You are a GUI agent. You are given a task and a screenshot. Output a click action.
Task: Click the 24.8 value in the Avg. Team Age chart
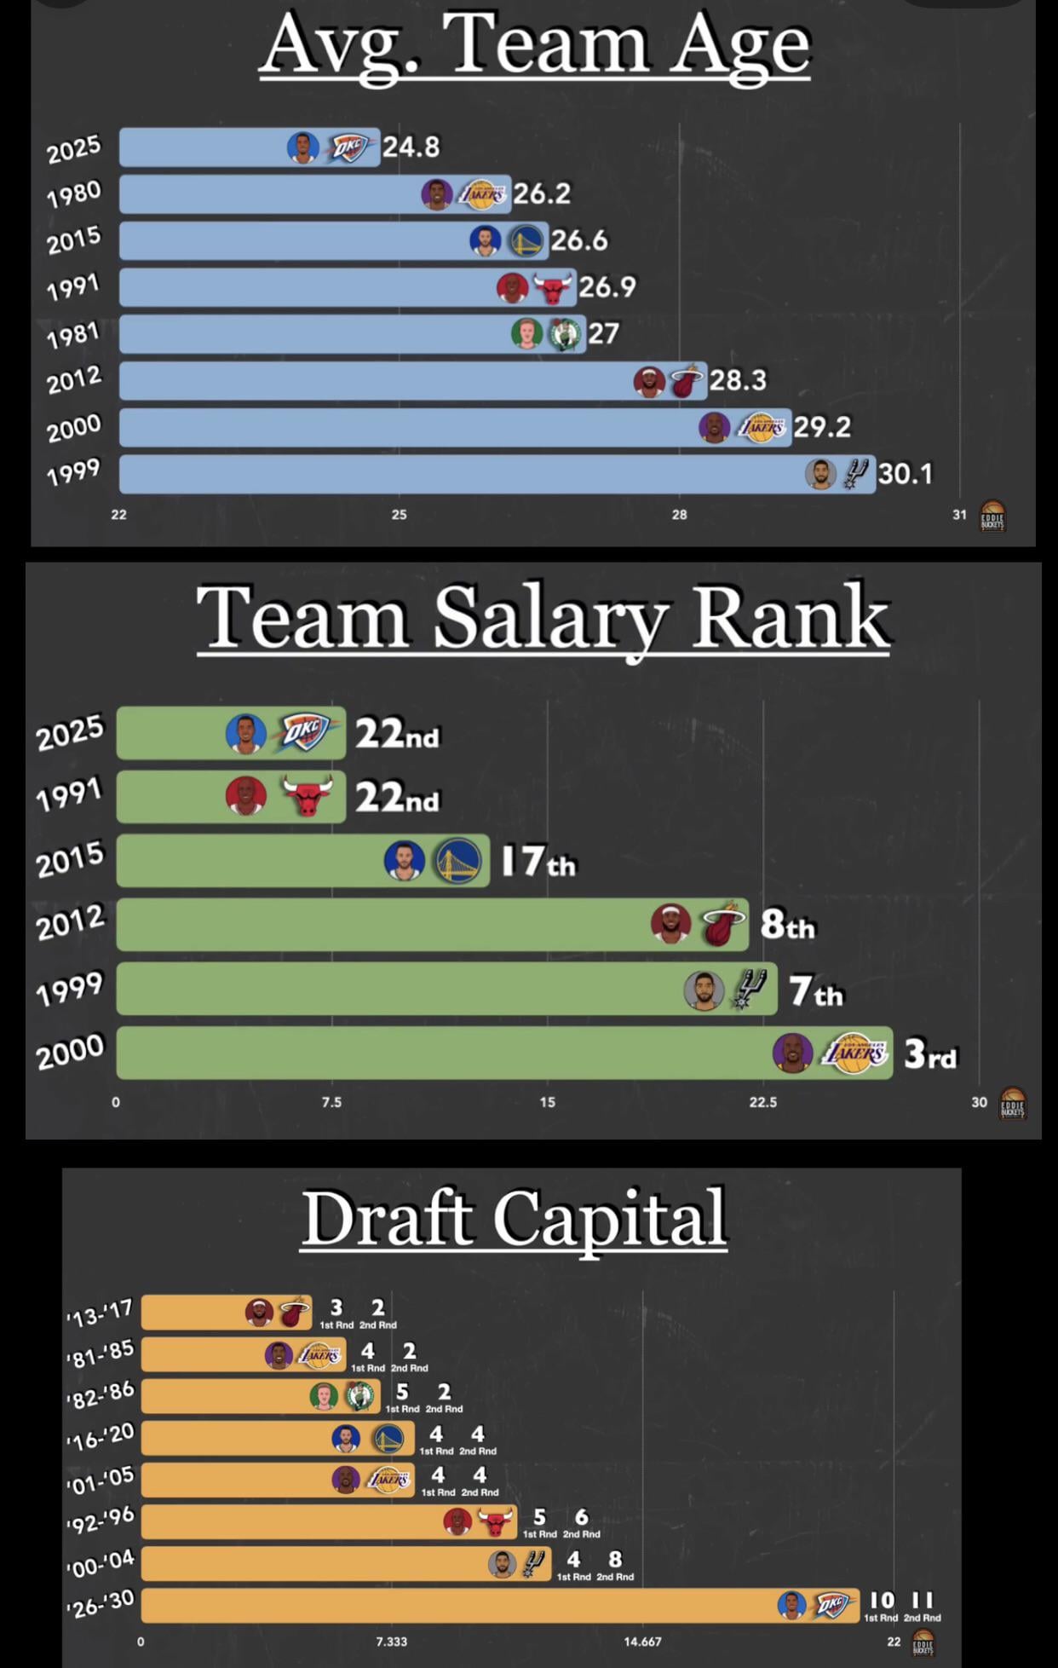[411, 147]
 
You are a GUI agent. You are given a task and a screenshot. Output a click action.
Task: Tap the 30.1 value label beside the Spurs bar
[905, 473]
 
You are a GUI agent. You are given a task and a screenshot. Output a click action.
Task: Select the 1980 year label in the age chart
[73, 194]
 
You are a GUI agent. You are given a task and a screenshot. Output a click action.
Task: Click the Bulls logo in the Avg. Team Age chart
[552, 288]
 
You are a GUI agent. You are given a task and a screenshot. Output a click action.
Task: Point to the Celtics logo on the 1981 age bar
[563, 334]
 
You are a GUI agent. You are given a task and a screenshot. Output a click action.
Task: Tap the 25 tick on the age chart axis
[399, 515]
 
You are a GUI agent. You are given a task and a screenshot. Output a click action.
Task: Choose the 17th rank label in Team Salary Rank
[538, 862]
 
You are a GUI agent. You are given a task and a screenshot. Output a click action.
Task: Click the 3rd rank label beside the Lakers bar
[929, 1054]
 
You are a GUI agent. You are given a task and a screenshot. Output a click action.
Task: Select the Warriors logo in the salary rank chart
[457, 861]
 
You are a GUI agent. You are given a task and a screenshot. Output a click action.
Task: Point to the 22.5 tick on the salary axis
[762, 1102]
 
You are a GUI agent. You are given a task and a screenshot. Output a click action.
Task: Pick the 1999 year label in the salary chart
[69, 989]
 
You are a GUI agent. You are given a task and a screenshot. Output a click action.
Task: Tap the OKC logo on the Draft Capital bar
[831, 1606]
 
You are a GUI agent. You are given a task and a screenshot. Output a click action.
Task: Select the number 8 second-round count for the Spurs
[615, 1559]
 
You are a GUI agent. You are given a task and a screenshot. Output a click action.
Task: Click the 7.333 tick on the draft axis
[391, 1642]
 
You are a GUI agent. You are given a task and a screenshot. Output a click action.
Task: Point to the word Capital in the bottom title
[609, 1219]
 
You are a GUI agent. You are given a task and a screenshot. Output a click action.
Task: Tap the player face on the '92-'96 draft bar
[457, 1521]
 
